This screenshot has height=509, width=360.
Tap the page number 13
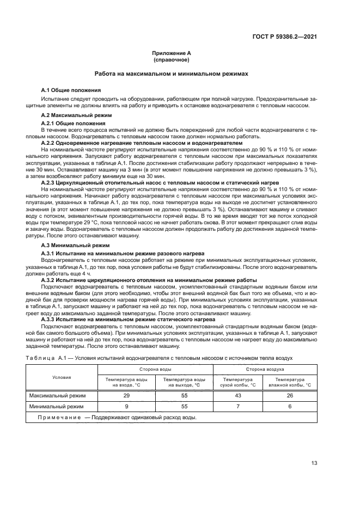(x=314, y=463)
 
